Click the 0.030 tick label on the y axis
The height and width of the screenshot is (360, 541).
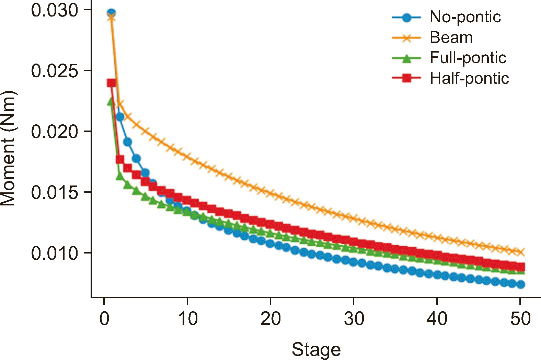(55, 10)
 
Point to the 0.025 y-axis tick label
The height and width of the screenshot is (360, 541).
(55, 71)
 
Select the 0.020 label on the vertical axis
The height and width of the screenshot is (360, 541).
(55, 132)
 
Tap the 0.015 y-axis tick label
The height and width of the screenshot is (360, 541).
(55, 193)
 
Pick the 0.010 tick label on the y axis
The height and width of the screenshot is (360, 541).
(55, 254)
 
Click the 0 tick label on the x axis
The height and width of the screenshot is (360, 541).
(104, 318)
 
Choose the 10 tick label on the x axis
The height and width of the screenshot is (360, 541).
(188, 318)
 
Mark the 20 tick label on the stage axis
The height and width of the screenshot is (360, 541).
(271, 318)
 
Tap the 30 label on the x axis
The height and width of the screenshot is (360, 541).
(354, 318)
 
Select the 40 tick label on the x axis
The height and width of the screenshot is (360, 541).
(437, 318)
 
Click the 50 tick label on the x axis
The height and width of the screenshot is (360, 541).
(520, 318)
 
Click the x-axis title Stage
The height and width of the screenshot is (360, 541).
(316, 350)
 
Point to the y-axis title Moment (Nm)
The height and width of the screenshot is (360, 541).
(8, 148)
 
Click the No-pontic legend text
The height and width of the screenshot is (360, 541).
(465, 17)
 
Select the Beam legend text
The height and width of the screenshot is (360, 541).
(451, 37)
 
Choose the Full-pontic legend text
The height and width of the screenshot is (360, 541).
(468, 58)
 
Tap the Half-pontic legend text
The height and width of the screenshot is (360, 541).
(469, 78)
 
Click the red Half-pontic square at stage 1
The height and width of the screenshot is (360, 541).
(111, 83)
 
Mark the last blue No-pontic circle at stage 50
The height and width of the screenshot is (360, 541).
(521, 284)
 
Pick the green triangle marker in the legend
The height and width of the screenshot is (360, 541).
(406, 58)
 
